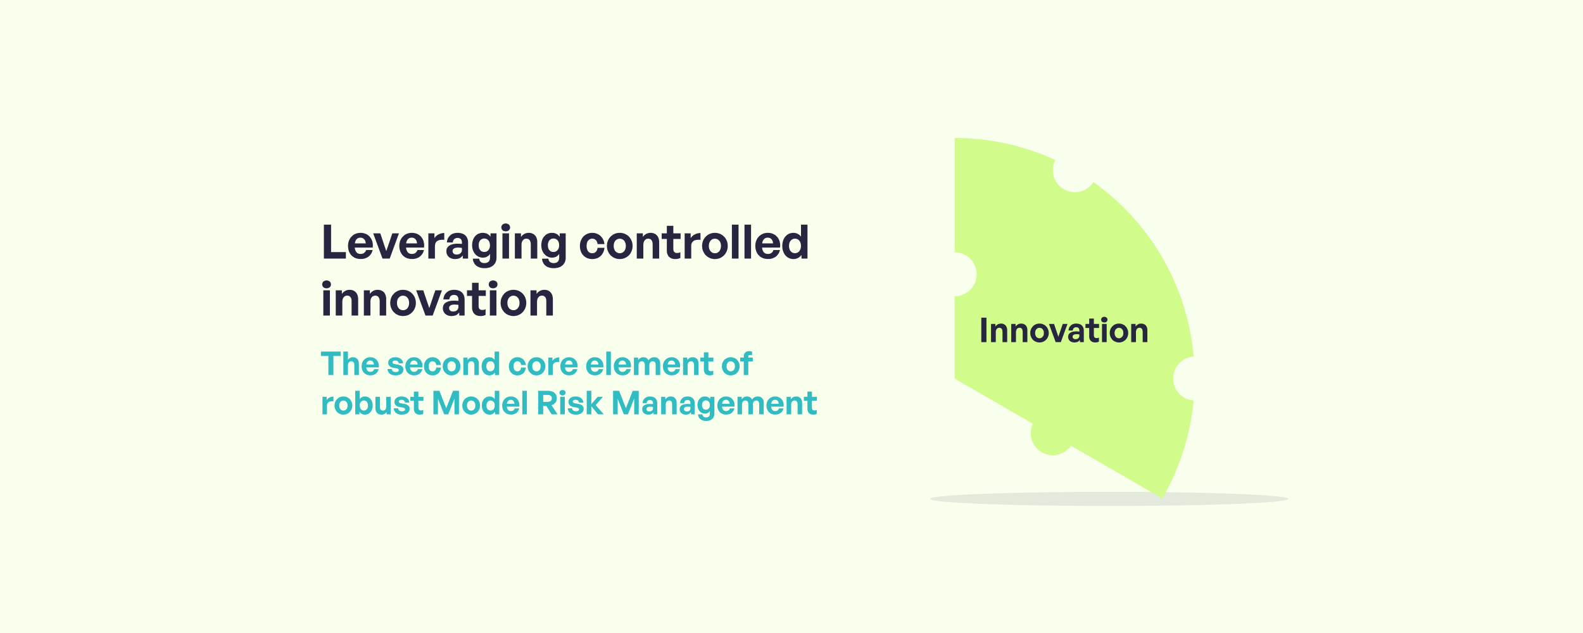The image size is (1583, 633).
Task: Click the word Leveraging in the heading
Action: click(x=443, y=244)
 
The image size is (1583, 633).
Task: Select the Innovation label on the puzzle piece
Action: click(x=1064, y=331)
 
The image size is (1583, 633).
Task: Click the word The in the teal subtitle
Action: click(x=350, y=364)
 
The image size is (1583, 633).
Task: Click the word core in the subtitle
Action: click(x=543, y=365)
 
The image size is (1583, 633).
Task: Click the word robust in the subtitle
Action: click(x=372, y=403)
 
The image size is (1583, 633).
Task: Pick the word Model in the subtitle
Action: click(x=479, y=403)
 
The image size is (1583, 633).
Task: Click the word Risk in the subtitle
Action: click(x=569, y=403)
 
